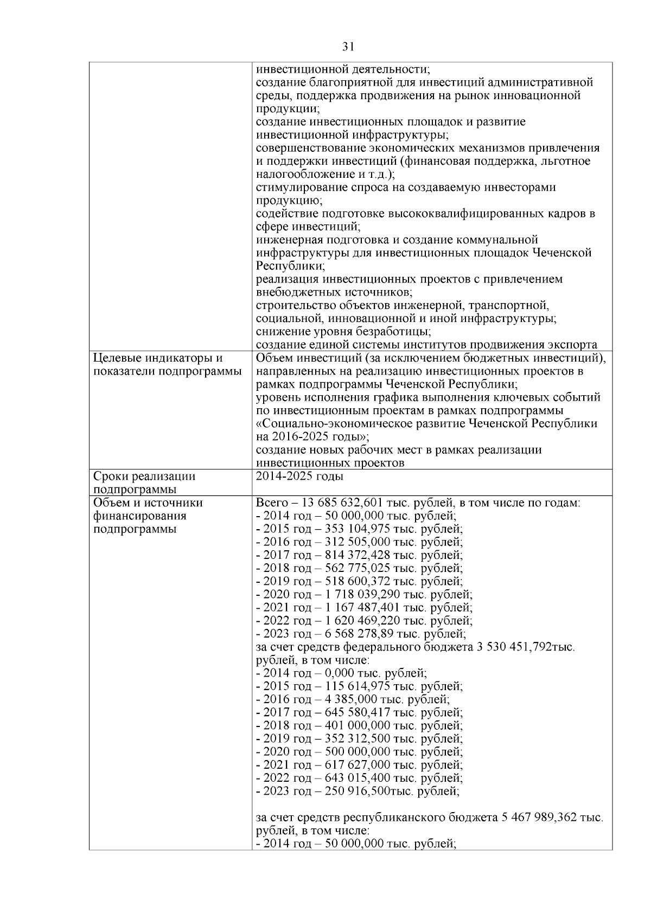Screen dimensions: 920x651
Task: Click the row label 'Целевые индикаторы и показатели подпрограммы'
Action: [x=167, y=365]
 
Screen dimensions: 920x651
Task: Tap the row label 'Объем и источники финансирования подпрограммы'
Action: [x=148, y=516]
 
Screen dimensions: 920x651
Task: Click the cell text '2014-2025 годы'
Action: [x=299, y=477]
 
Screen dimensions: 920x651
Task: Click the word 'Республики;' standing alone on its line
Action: [x=290, y=266]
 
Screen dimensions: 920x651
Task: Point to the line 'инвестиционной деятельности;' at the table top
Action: [x=343, y=69]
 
